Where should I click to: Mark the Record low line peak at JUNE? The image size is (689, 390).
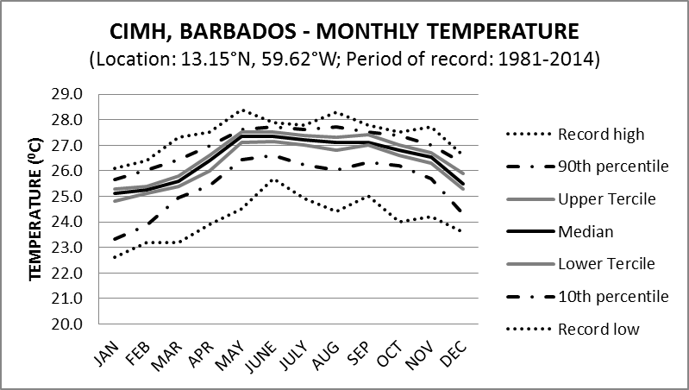(273, 179)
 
